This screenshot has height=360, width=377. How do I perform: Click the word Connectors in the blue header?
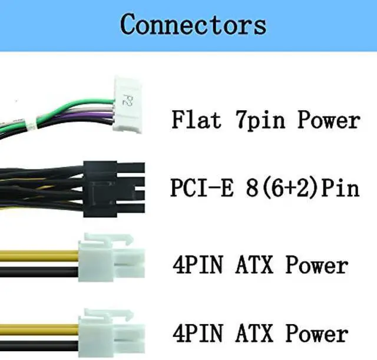pyautogui.click(x=193, y=25)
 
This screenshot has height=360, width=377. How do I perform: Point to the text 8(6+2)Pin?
pyautogui.click(x=306, y=189)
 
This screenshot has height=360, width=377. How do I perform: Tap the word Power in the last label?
pyautogui.click(x=316, y=333)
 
